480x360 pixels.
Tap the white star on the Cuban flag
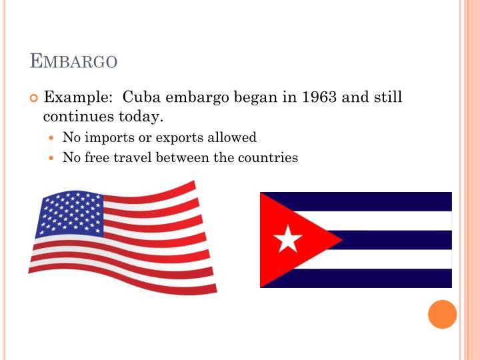tap(288, 239)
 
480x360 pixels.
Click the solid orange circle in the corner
tap(442, 314)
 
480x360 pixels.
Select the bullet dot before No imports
tap(53, 139)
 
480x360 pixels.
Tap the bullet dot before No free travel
tap(53, 159)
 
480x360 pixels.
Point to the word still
tap(386, 97)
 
